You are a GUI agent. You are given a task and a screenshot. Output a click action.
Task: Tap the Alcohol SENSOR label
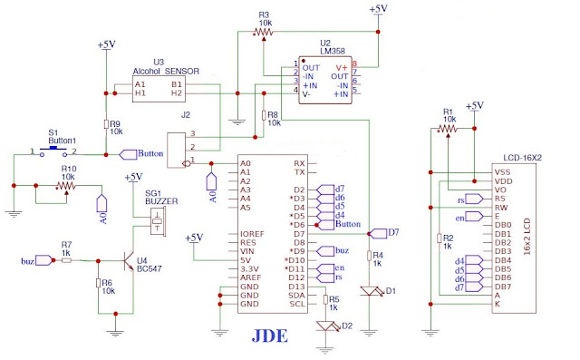pos(164,70)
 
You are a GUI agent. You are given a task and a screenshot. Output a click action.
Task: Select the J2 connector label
pos(187,114)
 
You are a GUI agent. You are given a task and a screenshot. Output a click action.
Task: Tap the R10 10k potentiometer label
pos(68,172)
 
